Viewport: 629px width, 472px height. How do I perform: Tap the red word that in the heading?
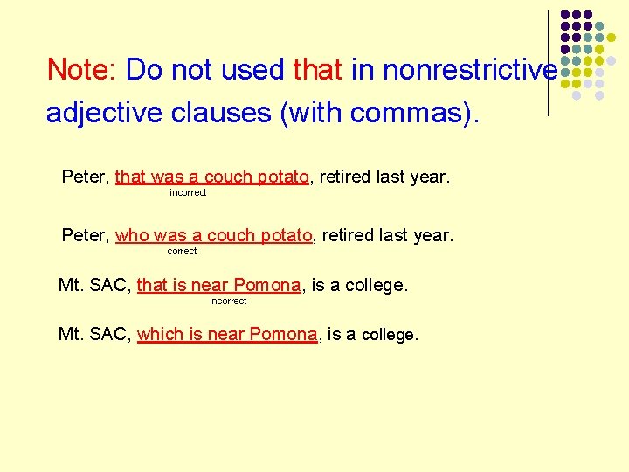point(319,69)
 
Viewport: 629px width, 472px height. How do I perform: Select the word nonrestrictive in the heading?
point(453,69)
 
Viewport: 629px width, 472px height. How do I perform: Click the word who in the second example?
point(132,235)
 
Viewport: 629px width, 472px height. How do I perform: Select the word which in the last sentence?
point(160,334)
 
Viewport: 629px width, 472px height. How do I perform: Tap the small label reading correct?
point(182,251)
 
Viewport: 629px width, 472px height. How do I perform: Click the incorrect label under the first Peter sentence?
point(188,192)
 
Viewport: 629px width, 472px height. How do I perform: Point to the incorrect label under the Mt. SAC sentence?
point(228,301)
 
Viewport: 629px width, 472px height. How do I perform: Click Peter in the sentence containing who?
point(84,235)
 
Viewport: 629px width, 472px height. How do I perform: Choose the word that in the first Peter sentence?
point(130,177)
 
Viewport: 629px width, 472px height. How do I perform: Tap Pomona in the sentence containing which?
point(283,334)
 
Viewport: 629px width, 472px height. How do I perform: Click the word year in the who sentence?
point(432,235)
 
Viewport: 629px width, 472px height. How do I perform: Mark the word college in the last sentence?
point(390,334)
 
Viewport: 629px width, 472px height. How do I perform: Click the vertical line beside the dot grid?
point(549,61)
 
